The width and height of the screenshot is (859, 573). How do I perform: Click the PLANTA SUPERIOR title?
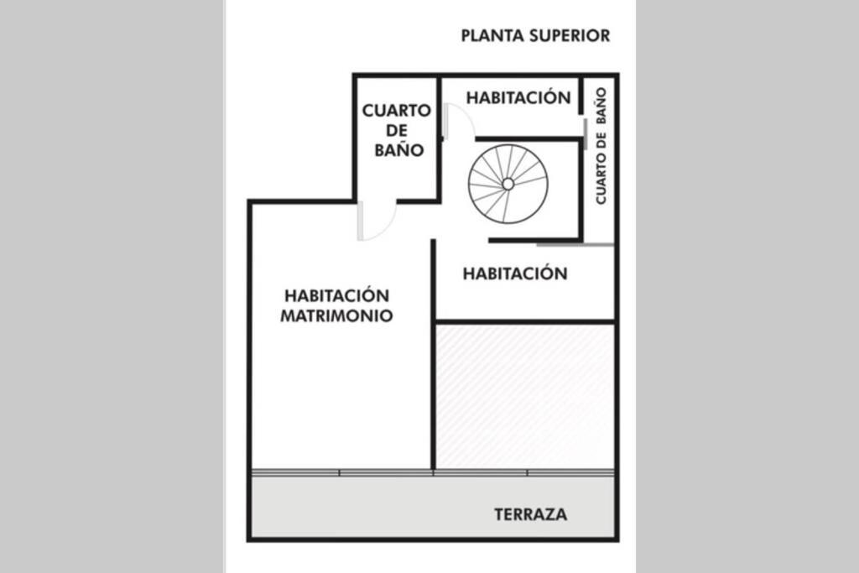(x=535, y=36)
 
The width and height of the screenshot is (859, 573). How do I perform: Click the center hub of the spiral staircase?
(x=508, y=184)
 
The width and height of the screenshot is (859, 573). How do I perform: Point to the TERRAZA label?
(x=530, y=514)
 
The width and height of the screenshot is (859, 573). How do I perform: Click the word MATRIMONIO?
(x=336, y=316)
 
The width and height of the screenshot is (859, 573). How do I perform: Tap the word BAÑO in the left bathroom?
(x=398, y=151)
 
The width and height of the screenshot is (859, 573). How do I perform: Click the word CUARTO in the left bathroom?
(x=397, y=111)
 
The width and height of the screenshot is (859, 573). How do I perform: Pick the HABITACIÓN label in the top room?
(x=518, y=97)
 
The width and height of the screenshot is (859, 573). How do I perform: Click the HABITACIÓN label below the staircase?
(x=515, y=273)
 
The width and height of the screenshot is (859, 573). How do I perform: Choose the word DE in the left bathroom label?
(x=398, y=131)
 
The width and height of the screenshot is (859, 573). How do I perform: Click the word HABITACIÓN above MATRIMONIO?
(x=336, y=296)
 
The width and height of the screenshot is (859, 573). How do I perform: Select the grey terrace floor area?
(x=377, y=508)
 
